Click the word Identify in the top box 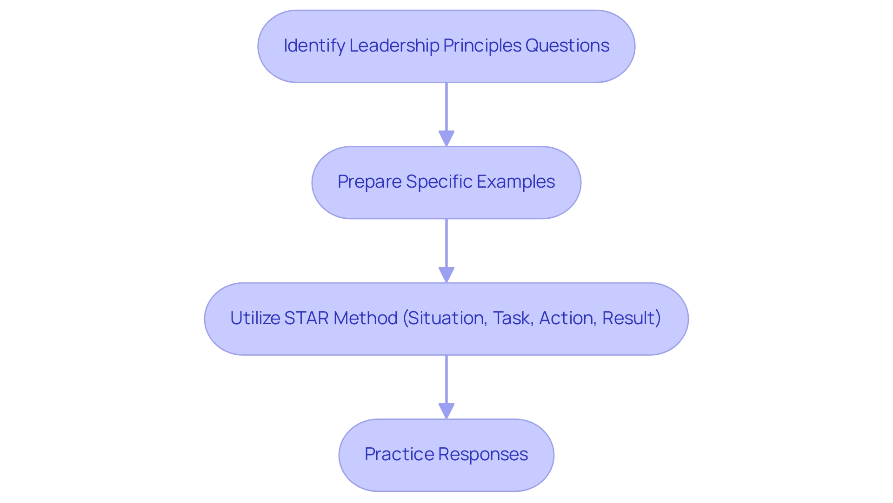tap(314, 46)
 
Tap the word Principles tap(482, 46)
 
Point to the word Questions tap(567, 46)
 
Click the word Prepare tap(369, 182)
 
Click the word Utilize tap(255, 318)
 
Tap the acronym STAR tap(306, 318)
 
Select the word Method tap(365, 318)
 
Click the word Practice tap(399, 454)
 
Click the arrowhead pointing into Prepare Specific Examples tap(446, 138)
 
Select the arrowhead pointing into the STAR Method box tap(446, 274)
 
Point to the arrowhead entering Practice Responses tap(446, 411)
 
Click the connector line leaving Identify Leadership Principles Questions tap(446, 107)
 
